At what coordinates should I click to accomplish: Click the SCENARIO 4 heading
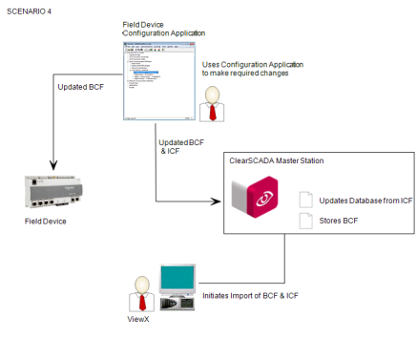[31, 11]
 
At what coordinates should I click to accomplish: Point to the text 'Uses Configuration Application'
[252, 64]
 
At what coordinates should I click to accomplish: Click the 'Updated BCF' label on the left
[80, 88]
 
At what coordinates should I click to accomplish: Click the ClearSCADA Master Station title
[276, 160]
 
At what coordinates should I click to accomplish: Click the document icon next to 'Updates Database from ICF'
[306, 200]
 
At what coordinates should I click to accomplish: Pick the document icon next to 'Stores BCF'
[306, 222]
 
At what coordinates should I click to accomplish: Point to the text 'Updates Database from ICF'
[365, 201]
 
